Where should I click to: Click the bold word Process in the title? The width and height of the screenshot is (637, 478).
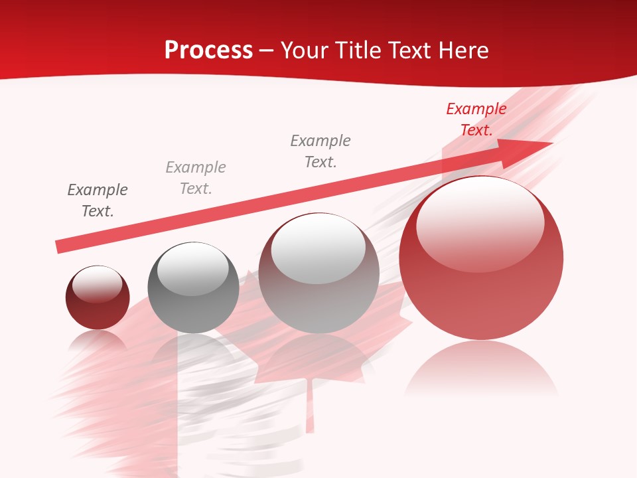coord(208,50)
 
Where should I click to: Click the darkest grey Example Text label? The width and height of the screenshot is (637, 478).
coord(98,200)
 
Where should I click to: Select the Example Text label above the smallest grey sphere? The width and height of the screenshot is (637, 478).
coord(196,178)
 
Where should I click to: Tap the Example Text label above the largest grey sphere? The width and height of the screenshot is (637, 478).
coord(320,151)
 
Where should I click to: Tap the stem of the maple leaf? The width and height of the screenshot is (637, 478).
coord(309,405)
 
